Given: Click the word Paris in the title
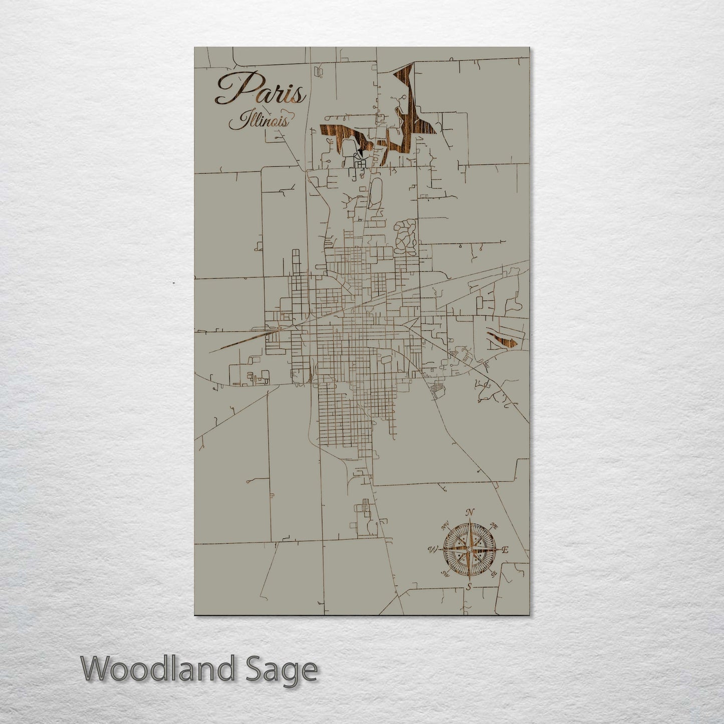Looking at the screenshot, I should click(x=260, y=90).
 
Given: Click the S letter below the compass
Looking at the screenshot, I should click(x=469, y=586).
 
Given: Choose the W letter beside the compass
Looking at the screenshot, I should click(x=432, y=550).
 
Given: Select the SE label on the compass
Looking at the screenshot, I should click(x=494, y=574).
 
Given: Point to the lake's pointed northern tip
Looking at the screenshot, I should click(x=413, y=65).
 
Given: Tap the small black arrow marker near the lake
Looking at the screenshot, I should click(x=360, y=148).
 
